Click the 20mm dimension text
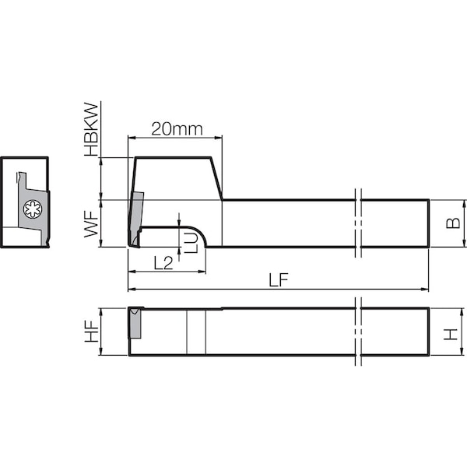click(x=177, y=129)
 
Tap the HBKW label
click(x=91, y=129)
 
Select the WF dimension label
click(x=91, y=223)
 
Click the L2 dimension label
click(x=163, y=263)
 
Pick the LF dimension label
click(x=279, y=280)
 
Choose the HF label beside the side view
click(x=91, y=332)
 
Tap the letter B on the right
click(x=453, y=223)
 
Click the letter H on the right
click(x=451, y=334)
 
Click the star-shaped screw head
click(x=33, y=209)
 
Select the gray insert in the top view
click(x=135, y=219)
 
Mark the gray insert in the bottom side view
click(x=135, y=323)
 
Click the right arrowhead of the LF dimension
click(x=425, y=289)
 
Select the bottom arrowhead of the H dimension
click(x=462, y=351)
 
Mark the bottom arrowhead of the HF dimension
click(x=101, y=351)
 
